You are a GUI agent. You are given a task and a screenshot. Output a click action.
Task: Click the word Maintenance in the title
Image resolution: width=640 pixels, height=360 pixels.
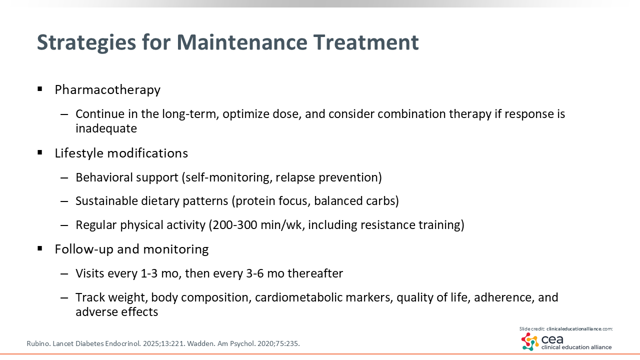click(x=241, y=42)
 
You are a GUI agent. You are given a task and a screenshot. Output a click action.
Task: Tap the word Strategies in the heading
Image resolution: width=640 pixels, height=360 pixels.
click(x=86, y=43)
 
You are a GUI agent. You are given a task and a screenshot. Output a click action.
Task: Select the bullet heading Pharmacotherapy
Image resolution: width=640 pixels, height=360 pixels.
click(x=107, y=90)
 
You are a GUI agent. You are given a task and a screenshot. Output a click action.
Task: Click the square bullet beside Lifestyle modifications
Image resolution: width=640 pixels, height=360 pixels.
click(x=39, y=152)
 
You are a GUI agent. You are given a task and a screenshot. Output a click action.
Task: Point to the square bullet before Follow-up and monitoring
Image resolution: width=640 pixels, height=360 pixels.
click(x=39, y=248)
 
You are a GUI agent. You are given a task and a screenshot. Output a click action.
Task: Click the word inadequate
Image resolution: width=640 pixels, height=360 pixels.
click(x=106, y=128)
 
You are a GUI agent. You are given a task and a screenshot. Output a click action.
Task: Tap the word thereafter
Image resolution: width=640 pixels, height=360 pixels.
click(x=315, y=273)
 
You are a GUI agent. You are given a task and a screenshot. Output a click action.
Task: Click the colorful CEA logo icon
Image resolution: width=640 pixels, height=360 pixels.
click(x=530, y=341)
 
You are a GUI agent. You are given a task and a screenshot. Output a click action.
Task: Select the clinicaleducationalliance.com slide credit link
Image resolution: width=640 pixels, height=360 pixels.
click(x=579, y=329)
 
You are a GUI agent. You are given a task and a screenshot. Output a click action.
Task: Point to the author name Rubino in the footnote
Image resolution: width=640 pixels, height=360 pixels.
click(x=38, y=343)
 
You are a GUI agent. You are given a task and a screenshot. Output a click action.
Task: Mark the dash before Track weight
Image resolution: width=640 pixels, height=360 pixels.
click(x=64, y=298)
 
